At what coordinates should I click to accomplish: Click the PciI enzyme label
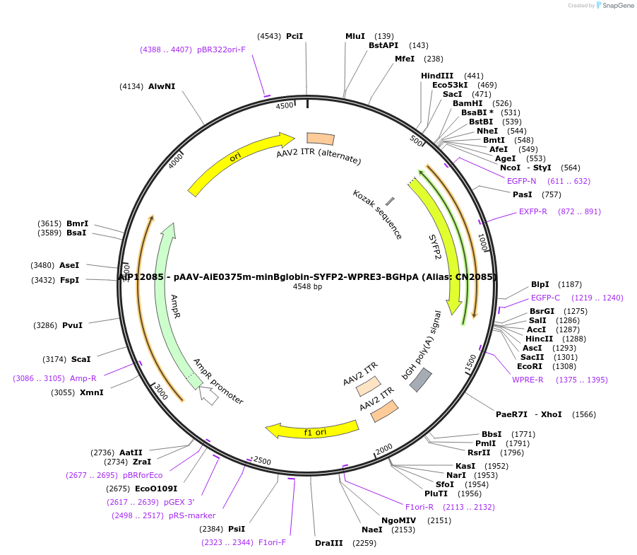click(x=294, y=36)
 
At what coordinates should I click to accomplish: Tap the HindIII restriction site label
click(x=437, y=76)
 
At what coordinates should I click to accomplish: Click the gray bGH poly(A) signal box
click(x=421, y=380)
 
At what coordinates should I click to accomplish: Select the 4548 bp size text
click(x=307, y=286)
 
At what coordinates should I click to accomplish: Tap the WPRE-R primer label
click(x=528, y=380)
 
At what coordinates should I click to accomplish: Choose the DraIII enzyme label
click(x=329, y=543)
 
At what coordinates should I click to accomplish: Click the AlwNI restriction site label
click(x=162, y=86)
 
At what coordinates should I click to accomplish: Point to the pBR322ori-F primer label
click(x=222, y=49)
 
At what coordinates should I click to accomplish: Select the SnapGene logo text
click(x=617, y=6)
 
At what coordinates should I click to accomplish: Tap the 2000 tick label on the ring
click(x=384, y=449)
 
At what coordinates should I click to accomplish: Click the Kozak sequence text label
click(x=377, y=214)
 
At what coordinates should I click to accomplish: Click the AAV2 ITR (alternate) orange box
click(x=321, y=139)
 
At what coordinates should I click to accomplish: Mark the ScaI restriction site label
click(x=81, y=359)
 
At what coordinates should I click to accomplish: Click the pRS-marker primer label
click(x=192, y=515)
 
